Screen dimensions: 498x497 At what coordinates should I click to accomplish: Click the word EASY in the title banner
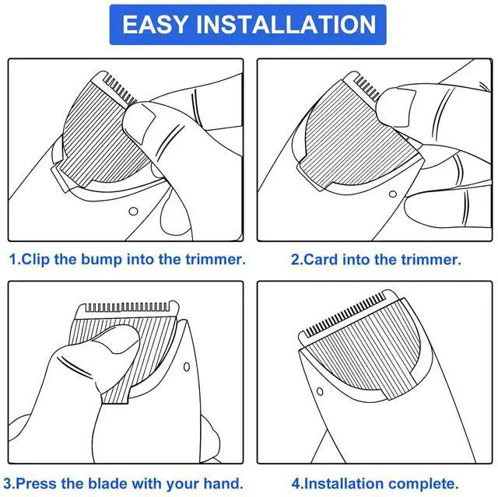[156, 24]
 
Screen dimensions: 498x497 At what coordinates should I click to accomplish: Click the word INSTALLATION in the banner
[286, 24]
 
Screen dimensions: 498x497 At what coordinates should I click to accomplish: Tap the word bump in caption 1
[101, 260]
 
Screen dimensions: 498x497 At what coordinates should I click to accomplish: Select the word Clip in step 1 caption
[35, 259]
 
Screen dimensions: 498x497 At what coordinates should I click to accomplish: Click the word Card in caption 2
[321, 260]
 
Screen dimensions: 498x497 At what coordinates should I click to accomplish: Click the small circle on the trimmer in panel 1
[133, 211]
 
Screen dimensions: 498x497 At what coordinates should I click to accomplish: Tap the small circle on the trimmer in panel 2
[393, 194]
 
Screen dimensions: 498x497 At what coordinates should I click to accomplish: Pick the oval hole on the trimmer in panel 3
[187, 367]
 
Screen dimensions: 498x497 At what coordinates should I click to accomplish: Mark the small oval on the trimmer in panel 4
[320, 391]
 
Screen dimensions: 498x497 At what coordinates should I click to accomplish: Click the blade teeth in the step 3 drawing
[127, 307]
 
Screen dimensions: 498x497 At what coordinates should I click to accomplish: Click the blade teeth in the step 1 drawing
[119, 89]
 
